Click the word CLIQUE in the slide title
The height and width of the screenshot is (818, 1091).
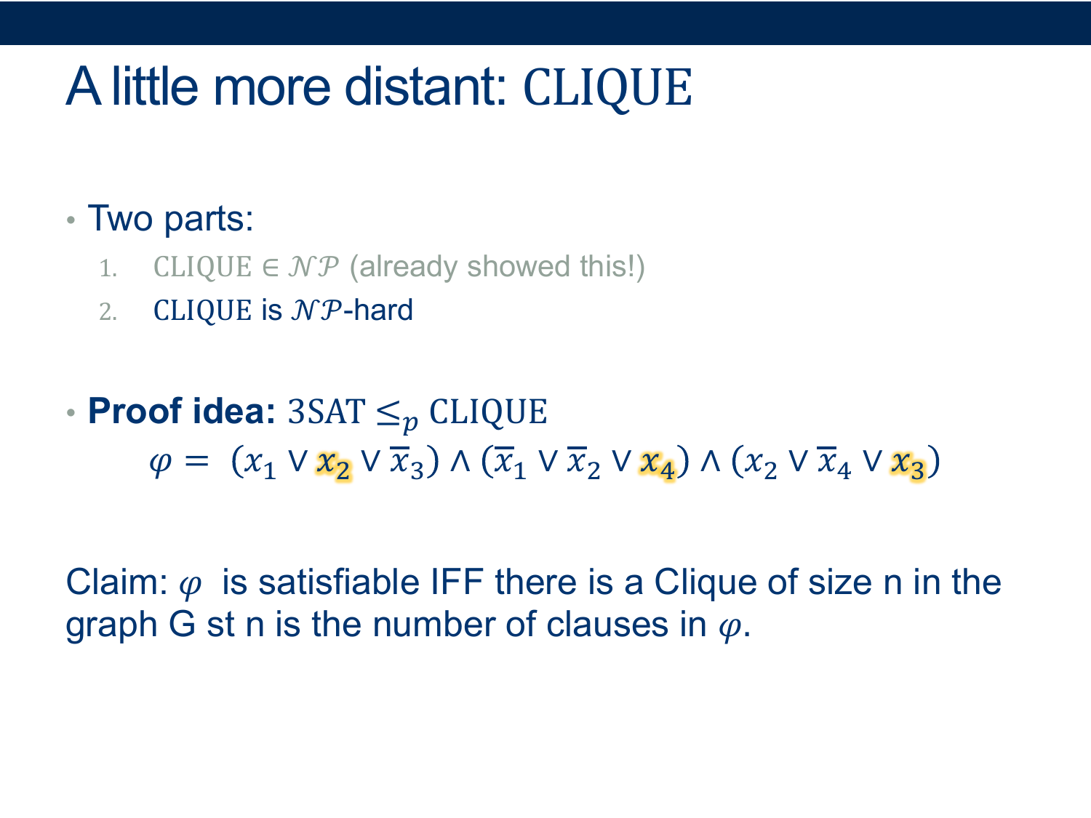click(607, 88)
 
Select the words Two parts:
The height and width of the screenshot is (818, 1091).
click(170, 219)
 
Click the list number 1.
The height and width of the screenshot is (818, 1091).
click(108, 269)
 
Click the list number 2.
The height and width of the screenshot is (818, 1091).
click(108, 312)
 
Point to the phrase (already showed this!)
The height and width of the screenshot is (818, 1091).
click(497, 267)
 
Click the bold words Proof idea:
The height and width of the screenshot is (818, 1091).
click(181, 412)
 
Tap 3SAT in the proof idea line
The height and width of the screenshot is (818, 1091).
click(327, 412)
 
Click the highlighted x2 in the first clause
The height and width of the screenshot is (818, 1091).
click(334, 465)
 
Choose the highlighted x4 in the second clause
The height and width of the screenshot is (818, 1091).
click(657, 465)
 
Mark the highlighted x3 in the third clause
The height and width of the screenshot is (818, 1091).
click(908, 465)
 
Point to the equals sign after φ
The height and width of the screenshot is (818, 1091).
click(196, 462)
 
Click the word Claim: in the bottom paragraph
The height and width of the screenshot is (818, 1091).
click(117, 582)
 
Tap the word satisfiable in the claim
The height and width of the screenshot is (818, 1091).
click(339, 582)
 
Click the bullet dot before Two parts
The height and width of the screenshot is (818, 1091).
click(71, 220)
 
